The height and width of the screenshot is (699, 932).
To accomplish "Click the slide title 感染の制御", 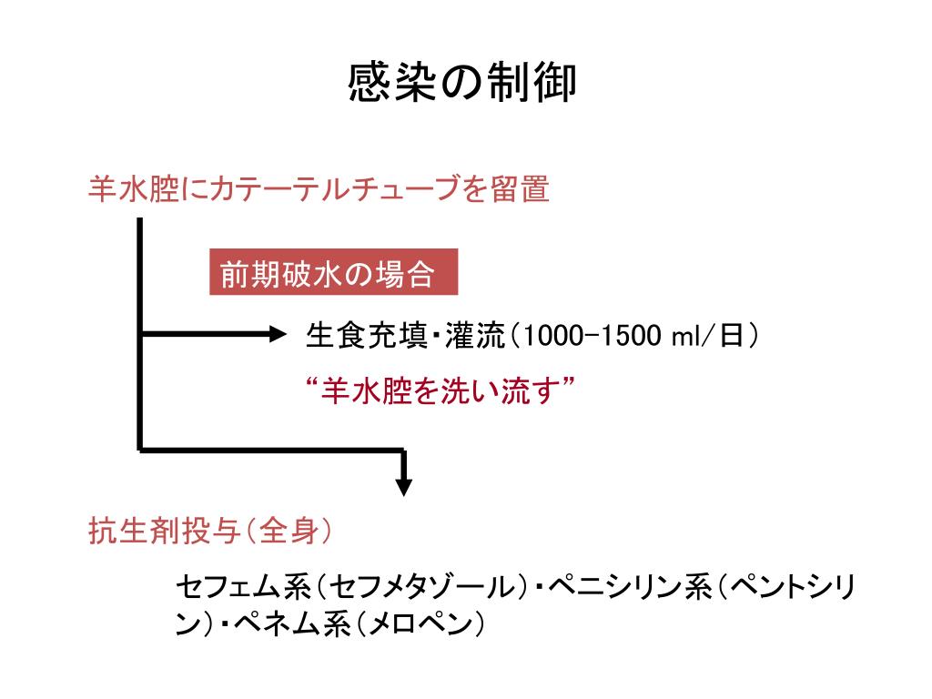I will click(x=461, y=83).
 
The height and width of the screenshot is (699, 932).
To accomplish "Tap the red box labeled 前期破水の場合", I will click(x=333, y=272).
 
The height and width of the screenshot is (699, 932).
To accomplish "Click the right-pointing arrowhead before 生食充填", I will click(x=275, y=335).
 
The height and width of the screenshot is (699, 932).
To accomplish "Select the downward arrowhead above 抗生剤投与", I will click(x=403, y=484).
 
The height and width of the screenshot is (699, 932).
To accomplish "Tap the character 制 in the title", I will click(x=500, y=83).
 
